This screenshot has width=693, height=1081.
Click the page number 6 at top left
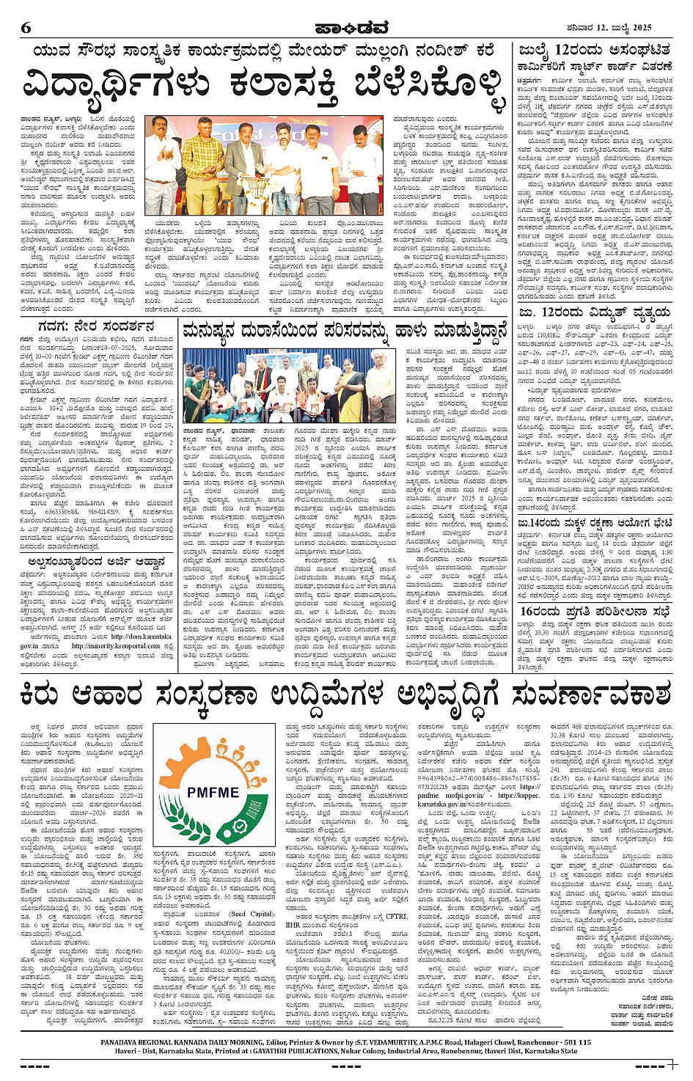(26, 28)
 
